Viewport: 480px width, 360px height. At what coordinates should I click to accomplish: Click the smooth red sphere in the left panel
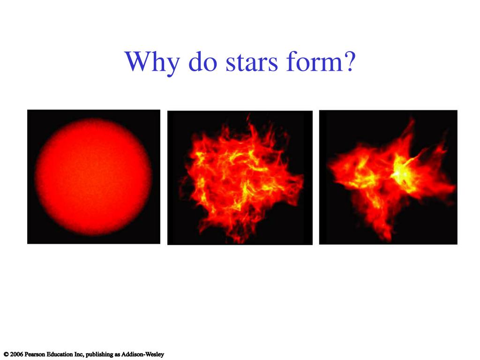pos(93,176)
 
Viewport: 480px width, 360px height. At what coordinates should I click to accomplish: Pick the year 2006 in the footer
pos(16,354)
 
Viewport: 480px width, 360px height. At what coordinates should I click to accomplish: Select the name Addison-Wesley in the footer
pos(142,354)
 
